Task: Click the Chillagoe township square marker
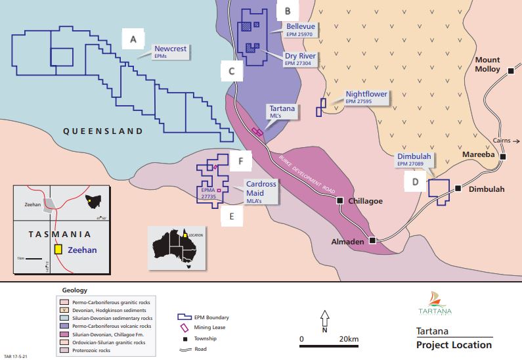[x=340, y=200]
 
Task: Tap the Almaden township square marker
[x=372, y=240]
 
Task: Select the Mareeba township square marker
[x=502, y=157]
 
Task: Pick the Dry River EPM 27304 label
[x=301, y=60]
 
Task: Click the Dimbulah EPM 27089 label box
[x=414, y=160]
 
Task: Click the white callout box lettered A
[x=133, y=40]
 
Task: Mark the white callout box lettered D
[x=414, y=181]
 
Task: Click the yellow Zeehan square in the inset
[x=58, y=250]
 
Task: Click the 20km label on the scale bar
[x=349, y=340]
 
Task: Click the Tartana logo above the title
[x=435, y=304]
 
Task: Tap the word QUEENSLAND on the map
[x=102, y=131]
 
